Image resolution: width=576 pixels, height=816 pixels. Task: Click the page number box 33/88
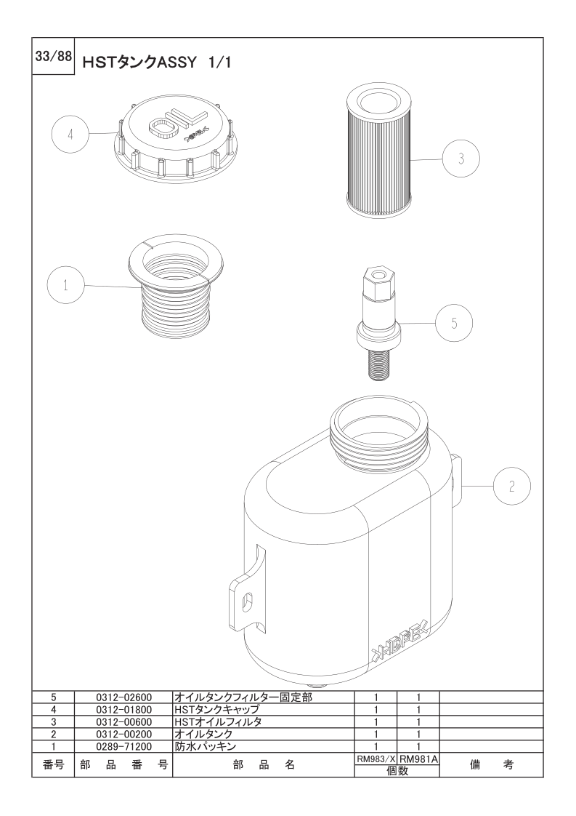(x=53, y=56)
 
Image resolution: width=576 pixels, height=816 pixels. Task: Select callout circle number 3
(x=461, y=159)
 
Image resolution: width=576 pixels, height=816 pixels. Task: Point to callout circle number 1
(x=65, y=285)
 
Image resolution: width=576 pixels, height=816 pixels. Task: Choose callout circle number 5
(x=454, y=323)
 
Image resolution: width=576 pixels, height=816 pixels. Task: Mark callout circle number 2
(x=511, y=486)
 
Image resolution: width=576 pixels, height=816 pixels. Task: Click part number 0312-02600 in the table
(x=123, y=697)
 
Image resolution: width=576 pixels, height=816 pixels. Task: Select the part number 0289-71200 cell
(x=123, y=747)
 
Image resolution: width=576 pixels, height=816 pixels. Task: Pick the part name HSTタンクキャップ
(x=217, y=709)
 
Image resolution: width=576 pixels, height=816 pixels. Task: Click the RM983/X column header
(x=376, y=759)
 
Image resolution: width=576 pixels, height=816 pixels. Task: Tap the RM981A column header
(x=418, y=759)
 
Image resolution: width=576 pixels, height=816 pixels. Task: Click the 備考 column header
(x=491, y=764)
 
